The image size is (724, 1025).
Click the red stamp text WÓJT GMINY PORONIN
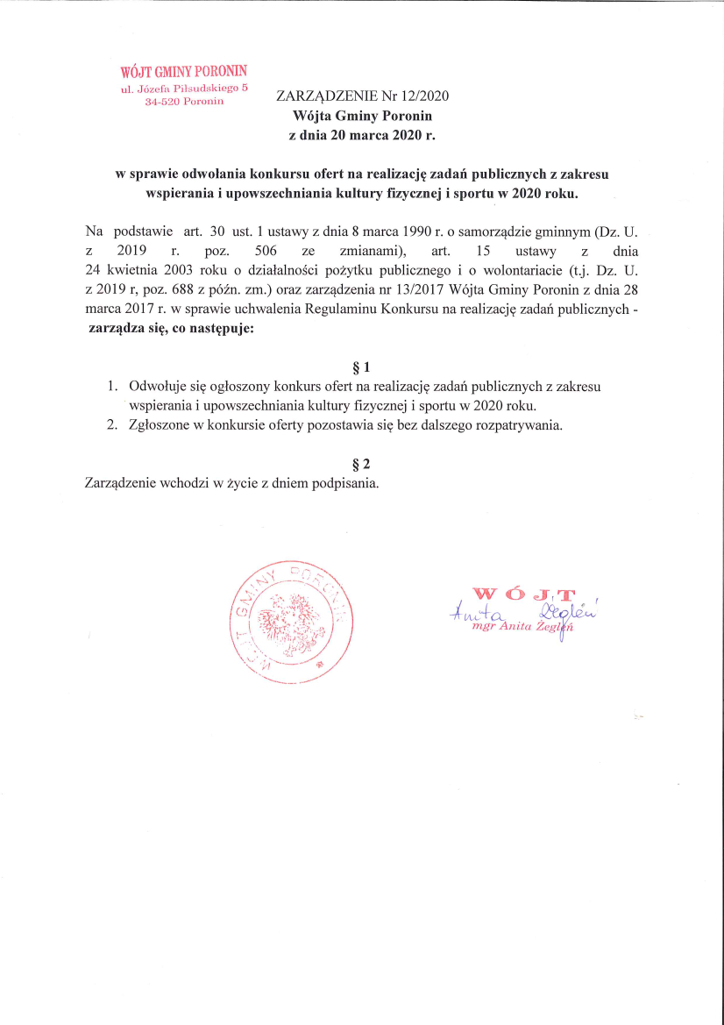pyautogui.click(x=184, y=72)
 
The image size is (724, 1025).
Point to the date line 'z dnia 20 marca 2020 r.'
pyautogui.click(x=362, y=136)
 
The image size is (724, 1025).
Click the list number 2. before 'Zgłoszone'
pyautogui.click(x=112, y=426)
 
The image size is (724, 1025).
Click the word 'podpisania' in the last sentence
pyautogui.click(x=348, y=483)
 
